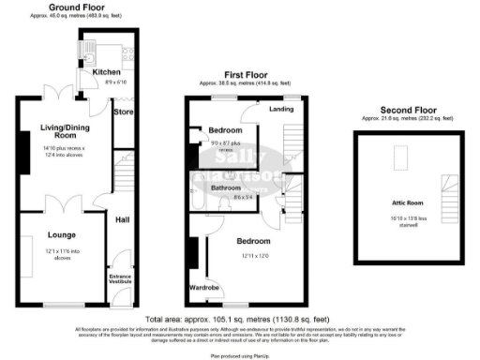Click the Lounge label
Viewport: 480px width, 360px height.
coord(62,234)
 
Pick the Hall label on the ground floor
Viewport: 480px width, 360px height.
coord(122,219)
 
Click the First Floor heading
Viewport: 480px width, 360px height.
coord(245,74)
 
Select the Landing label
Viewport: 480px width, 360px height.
coord(281,109)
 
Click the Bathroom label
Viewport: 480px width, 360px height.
coord(227,187)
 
